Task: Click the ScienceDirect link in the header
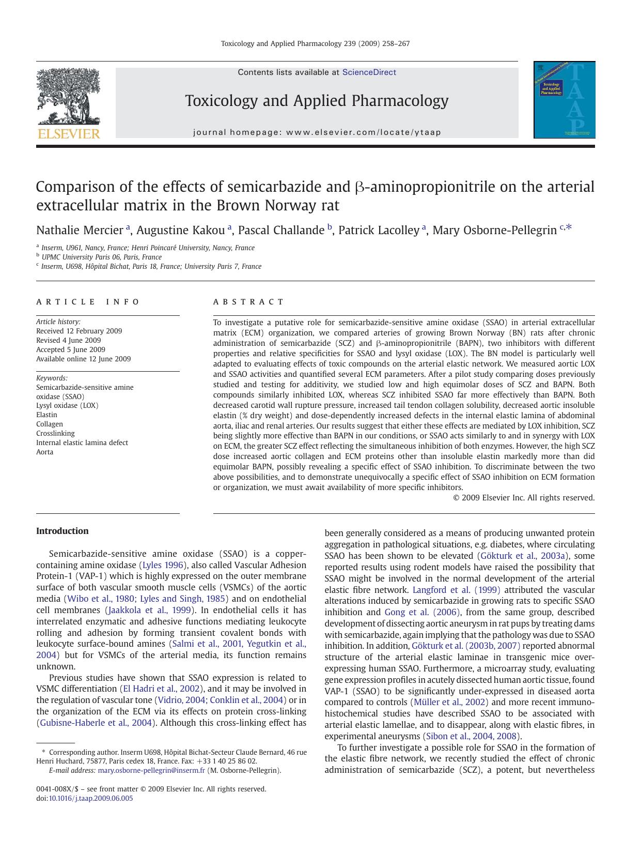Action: (x=369, y=72)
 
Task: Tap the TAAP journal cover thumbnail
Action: (x=564, y=100)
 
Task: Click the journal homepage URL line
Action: (x=317, y=132)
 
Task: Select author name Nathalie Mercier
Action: (x=79, y=231)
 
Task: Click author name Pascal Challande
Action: (x=281, y=231)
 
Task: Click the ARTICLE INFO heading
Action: (x=88, y=302)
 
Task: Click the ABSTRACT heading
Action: (x=248, y=302)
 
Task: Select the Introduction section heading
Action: (x=62, y=531)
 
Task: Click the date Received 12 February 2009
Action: (x=79, y=331)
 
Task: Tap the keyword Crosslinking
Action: (x=55, y=433)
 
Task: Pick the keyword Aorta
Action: (x=44, y=452)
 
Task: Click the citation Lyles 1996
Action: (x=163, y=565)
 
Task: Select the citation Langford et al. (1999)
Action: (x=456, y=590)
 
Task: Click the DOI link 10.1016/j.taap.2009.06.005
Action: (x=90, y=798)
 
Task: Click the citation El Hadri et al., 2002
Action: (x=161, y=689)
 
